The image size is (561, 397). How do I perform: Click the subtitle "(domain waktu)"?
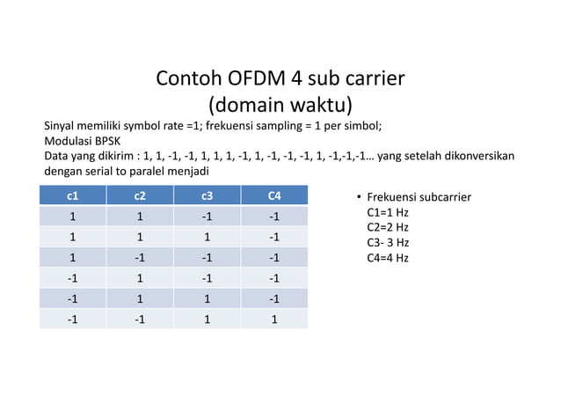[280, 105]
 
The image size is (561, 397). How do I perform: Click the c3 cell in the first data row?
[207, 217]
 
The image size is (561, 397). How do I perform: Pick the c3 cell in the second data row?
[207, 237]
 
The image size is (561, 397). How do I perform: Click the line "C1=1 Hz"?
[388, 212]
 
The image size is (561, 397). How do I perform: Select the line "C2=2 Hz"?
[388, 227]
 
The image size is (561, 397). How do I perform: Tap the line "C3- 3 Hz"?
[388, 242]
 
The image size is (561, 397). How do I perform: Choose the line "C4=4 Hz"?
[388, 258]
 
